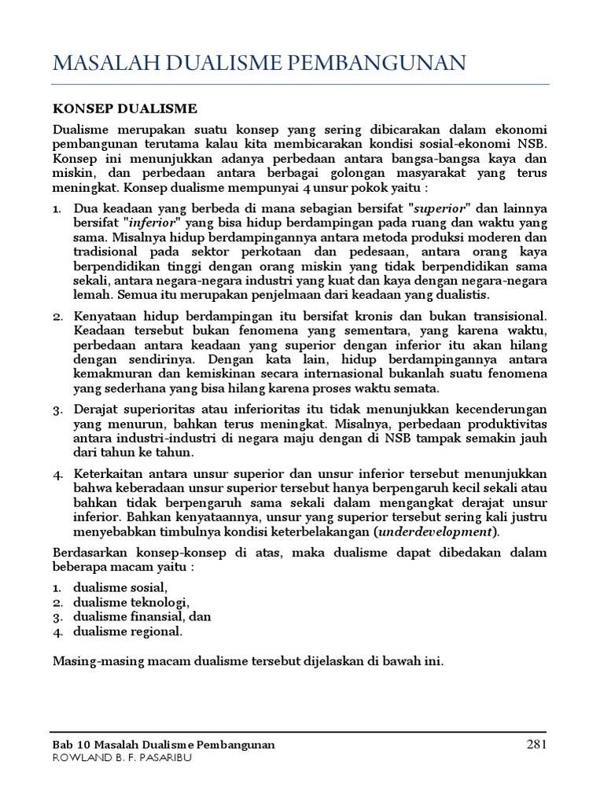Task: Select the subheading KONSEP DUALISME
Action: [x=124, y=108]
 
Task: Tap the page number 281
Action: [x=536, y=744]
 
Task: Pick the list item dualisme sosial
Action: [x=120, y=587]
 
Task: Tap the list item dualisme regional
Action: [x=127, y=630]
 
